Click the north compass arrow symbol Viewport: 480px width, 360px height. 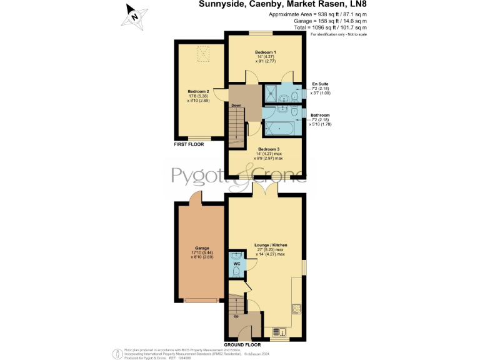tap(134, 14)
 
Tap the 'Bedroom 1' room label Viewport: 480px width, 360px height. tap(266, 52)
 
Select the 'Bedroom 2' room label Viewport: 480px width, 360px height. tap(198, 91)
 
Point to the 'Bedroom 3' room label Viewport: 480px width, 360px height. tap(269, 149)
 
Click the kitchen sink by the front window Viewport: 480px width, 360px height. tap(279, 331)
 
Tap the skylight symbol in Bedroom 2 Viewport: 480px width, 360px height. tap(203, 54)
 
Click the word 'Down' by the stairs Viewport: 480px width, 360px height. tap(236, 106)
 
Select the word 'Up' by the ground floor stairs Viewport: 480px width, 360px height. tap(236, 316)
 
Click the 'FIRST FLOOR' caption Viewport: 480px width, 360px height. tap(189, 144)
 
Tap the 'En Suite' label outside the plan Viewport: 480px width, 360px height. tap(320, 83)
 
